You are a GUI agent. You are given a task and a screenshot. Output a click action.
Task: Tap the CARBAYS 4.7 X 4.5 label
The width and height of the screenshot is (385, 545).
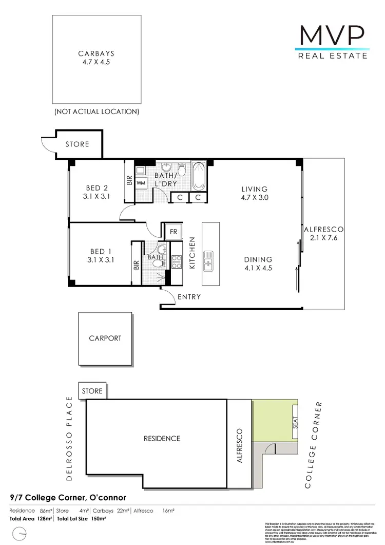[x=97, y=58]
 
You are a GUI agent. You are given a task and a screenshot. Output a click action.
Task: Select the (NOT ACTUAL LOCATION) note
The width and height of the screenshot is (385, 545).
[x=97, y=111]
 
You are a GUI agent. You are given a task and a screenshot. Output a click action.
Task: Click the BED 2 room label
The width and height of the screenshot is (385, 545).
[x=97, y=192]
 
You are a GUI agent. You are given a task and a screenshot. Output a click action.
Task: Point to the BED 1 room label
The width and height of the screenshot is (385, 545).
[x=101, y=255]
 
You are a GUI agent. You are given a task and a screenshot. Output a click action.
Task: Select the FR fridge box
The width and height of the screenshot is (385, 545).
[x=174, y=231]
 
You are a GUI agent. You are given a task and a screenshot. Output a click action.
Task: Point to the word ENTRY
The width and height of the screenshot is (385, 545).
[x=189, y=297]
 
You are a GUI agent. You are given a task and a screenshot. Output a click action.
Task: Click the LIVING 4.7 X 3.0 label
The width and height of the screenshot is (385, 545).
[x=255, y=193]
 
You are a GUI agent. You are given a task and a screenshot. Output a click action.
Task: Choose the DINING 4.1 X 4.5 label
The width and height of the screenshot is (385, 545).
[x=259, y=264]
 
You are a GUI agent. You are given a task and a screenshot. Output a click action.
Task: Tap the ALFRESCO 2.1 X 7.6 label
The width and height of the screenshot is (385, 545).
[x=323, y=233]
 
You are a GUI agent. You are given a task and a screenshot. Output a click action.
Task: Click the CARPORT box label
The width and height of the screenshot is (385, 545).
[x=105, y=338]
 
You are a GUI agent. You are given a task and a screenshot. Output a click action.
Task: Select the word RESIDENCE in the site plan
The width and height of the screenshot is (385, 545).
[x=162, y=438]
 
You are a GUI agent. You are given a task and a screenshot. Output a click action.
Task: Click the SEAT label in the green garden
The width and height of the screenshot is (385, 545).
[x=295, y=422]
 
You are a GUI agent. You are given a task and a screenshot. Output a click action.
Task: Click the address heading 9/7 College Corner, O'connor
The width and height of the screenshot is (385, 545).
[x=68, y=498]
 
